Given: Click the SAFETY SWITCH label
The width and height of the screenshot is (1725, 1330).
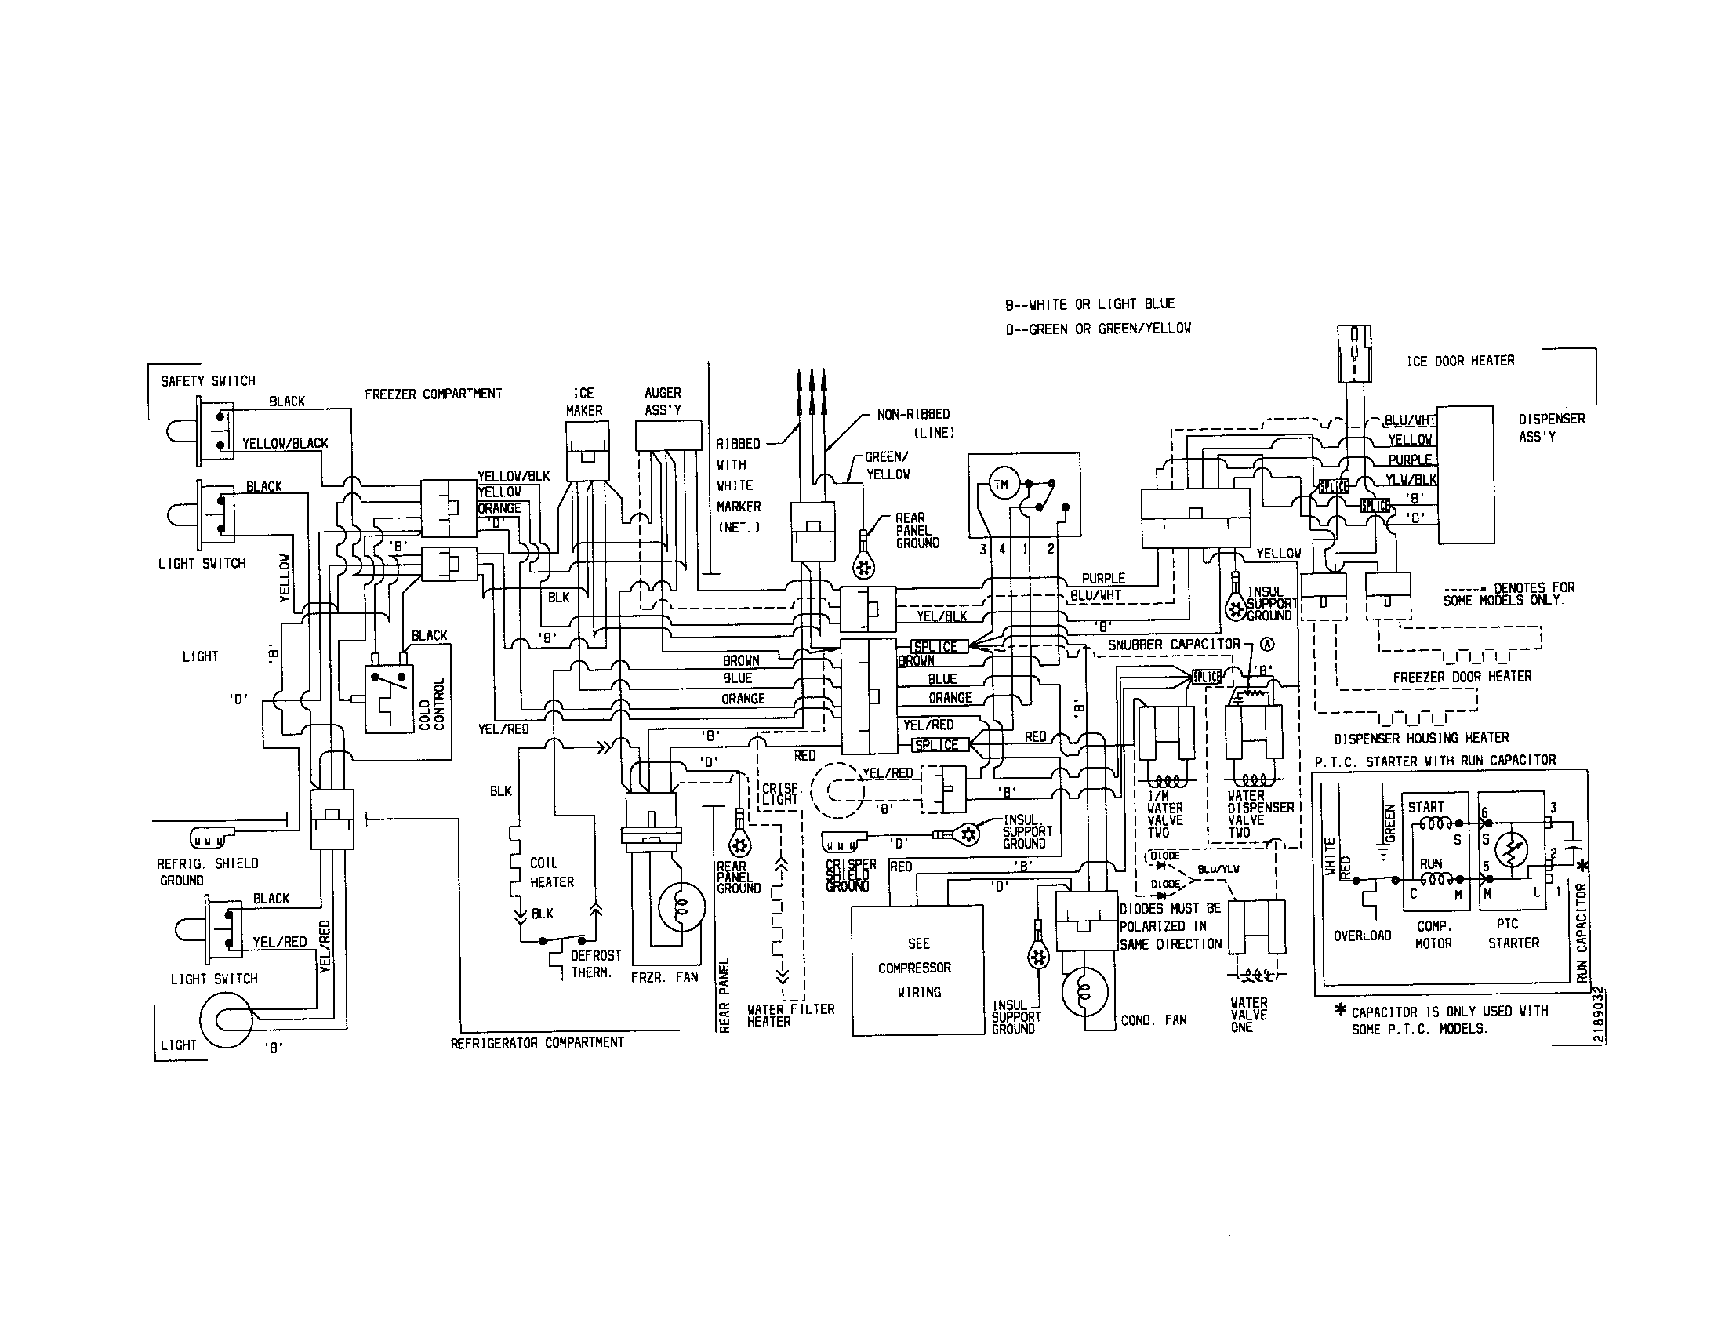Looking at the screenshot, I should [208, 380].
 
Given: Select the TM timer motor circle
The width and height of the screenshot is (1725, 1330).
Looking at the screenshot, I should [1000, 485].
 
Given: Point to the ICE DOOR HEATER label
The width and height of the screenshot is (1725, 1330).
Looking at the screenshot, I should [1460, 361].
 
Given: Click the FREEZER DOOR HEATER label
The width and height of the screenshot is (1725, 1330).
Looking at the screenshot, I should [1462, 676].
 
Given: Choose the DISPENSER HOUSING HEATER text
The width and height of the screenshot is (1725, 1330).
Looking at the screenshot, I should [1421, 738].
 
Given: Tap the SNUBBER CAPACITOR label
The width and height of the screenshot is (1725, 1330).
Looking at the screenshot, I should [1174, 645].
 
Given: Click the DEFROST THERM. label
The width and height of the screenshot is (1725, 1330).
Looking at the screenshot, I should [595, 964].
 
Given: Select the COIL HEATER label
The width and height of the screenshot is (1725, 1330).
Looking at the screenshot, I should [551, 872].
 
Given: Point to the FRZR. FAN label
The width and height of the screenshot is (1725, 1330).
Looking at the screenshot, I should [664, 977].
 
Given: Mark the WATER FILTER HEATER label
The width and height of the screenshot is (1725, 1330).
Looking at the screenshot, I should [790, 1015].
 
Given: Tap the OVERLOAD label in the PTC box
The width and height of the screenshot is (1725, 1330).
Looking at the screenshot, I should [1362, 936].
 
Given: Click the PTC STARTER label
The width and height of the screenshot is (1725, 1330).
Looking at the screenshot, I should [1513, 932].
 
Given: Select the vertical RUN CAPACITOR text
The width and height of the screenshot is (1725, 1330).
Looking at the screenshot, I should [1582, 932].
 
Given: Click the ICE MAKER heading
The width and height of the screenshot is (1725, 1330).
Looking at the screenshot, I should [583, 402].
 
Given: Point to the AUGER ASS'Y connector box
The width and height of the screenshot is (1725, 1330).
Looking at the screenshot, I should [668, 435].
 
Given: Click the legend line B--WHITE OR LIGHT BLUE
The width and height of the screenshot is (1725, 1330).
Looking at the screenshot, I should [1090, 304].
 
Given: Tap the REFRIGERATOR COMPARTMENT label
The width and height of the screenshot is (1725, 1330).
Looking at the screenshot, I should [537, 1042].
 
